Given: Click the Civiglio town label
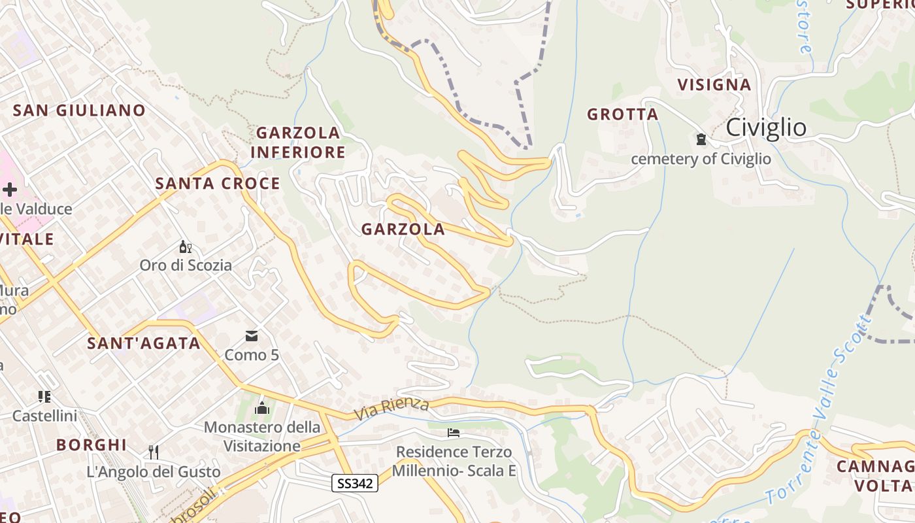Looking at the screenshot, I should [767, 127].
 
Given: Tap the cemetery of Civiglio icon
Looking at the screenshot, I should [701, 139].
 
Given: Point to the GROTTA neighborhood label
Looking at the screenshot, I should [622, 114].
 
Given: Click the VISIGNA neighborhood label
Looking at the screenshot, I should [714, 84].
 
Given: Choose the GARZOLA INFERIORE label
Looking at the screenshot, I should [298, 143].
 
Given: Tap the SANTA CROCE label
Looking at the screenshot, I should [218, 184].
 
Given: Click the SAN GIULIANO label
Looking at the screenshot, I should [79, 110].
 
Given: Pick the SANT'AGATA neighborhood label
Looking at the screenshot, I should [144, 343].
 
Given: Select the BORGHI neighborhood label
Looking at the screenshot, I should [91, 445].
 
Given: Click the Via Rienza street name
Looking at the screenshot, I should [391, 410].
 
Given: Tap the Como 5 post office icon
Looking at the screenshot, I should [252, 337].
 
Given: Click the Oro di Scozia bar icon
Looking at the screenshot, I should [186, 246].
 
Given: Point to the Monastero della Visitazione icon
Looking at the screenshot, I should [263, 408].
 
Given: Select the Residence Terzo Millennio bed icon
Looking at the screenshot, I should [454, 433].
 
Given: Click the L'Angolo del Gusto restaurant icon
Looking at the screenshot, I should [154, 452].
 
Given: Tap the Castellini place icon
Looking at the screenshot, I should [44, 396].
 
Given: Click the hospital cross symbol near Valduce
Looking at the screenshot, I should [9, 190].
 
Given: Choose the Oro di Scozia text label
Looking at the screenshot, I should [186, 265].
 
